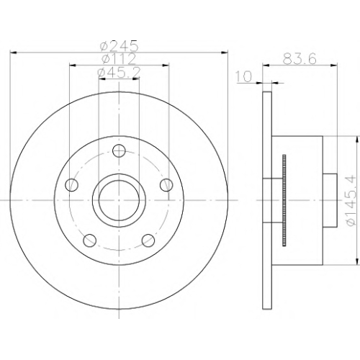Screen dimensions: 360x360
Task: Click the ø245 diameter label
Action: tap(120, 45)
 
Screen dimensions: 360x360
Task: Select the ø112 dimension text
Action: tap(119, 59)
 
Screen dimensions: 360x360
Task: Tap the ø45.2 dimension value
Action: tap(119, 73)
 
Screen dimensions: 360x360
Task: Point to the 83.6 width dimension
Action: tap(300, 59)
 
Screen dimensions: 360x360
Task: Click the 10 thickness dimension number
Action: tap(244, 76)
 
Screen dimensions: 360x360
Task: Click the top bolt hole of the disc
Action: tap(119, 150)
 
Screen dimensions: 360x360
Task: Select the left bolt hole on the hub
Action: tap(72, 185)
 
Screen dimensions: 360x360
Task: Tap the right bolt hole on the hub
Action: tap(166, 185)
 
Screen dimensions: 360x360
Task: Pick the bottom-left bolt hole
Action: tap(90, 240)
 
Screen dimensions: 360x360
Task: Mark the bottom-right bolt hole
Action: tap(148, 240)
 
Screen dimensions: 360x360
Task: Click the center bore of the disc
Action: tap(119, 200)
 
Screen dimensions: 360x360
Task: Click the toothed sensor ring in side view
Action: tap(284, 201)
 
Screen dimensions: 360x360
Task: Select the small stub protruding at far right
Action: tap(330, 200)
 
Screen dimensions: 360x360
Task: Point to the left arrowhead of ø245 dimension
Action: tap(14, 52)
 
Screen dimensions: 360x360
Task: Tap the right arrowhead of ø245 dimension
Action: tap(224, 52)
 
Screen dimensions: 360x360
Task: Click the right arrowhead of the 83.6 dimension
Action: tap(334, 65)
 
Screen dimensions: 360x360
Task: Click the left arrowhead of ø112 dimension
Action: tap(73, 65)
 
